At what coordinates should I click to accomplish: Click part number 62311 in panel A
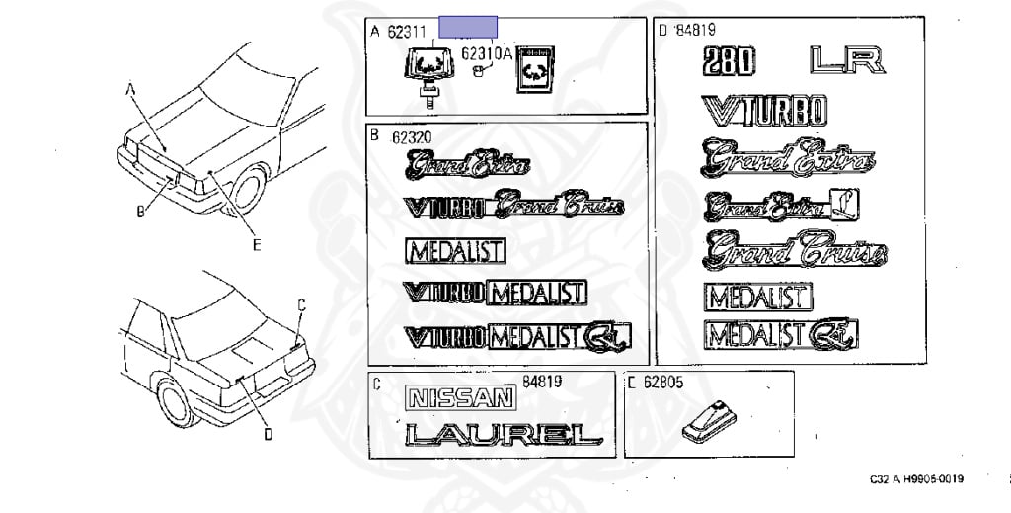405,32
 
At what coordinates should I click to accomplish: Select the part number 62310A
489,55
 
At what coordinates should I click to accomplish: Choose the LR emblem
845,60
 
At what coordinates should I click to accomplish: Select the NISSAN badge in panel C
462,398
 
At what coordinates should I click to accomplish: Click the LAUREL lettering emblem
503,433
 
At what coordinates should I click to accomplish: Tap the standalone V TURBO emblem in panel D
764,110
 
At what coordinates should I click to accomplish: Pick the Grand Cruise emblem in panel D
793,250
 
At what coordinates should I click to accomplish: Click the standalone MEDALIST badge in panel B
455,251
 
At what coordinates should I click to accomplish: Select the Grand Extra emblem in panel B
468,166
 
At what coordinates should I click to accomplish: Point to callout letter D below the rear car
268,432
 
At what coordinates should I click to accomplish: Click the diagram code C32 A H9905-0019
916,479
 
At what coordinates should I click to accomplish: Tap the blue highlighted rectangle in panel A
468,27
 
